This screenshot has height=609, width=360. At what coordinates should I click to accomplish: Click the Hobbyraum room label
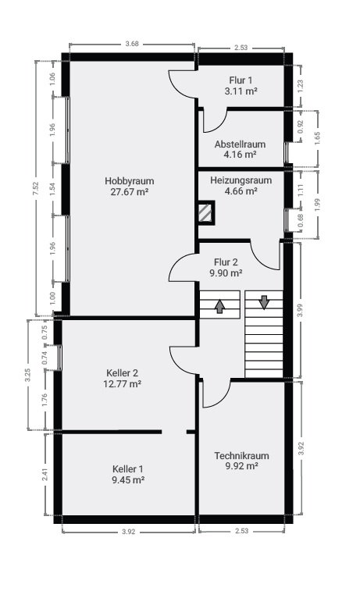click(x=130, y=181)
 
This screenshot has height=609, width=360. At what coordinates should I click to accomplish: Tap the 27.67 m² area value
click(x=130, y=191)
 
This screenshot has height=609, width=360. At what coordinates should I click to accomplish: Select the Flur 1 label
click(x=241, y=80)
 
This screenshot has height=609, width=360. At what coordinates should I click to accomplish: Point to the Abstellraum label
click(x=240, y=144)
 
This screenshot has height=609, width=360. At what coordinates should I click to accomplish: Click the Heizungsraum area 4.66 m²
click(x=241, y=191)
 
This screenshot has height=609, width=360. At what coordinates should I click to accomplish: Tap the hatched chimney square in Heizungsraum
click(x=205, y=212)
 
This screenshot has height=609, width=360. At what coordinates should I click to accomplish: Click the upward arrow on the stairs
click(x=219, y=305)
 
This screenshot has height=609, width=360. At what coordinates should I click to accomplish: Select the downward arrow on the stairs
click(x=264, y=302)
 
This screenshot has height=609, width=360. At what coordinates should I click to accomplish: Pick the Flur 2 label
click(x=226, y=262)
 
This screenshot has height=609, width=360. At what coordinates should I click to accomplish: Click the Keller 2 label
click(x=122, y=373)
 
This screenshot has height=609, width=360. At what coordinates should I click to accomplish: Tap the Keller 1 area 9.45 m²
click(x=128, y=479)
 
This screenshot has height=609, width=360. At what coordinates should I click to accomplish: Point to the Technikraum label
click(x=241, y=456)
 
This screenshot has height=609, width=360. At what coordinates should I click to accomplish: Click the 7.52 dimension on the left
click(x=36, y=188)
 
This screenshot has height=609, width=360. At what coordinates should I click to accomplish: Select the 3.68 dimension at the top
click(x=132, y=44)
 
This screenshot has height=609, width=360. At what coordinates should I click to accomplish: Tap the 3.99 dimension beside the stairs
click(x=299, y=310)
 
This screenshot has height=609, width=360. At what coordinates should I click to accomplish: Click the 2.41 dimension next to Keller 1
click(x=45, y=475)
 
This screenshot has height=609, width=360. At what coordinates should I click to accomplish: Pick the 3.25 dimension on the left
click(x=28, y=376)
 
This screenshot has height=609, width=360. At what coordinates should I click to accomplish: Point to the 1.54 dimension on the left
click(x=53, y=189)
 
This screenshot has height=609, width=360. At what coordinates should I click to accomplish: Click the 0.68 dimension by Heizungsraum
click(x=300, y=221)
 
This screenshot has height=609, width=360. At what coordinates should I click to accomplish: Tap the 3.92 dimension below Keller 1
click(x=129, y=532)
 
